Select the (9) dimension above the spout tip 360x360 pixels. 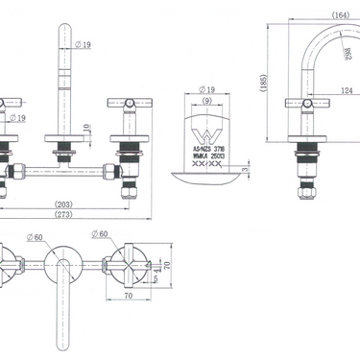pyautogui.click(x=206, y=100)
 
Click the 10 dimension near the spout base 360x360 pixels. pyautogui.click(x=86, y=128)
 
